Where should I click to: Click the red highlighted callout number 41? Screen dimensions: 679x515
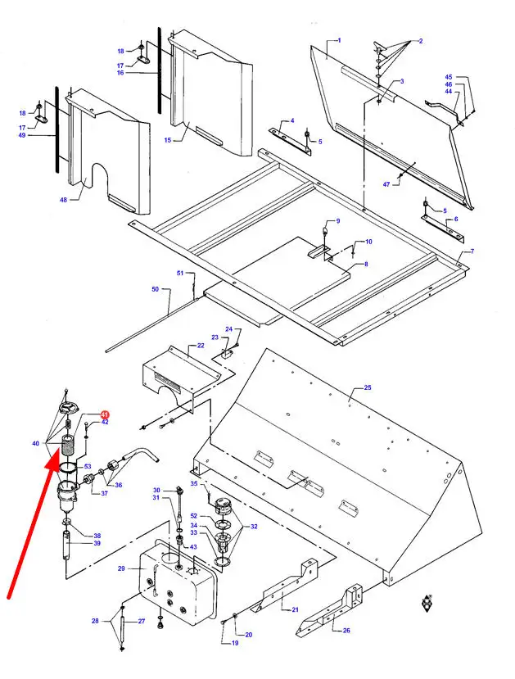coord(104,414)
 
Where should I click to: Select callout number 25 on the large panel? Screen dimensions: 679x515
coord(367,387)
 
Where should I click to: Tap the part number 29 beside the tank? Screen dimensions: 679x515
coord(121,568)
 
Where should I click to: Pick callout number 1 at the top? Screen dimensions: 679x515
coord(339,40)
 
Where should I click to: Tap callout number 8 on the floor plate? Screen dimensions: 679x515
coord(366,264)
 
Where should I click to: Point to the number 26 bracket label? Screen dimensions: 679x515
coord(346,630)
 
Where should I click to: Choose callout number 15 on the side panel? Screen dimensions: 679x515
coord(167,140)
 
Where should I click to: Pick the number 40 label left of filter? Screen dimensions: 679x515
coord(35,443)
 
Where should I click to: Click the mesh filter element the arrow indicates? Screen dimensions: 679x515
coord(69,447)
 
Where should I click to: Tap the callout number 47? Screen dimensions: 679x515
coord(386,185)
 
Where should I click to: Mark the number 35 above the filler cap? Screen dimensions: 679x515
coord(194,484)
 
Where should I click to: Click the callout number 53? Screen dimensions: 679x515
coord(88,466)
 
